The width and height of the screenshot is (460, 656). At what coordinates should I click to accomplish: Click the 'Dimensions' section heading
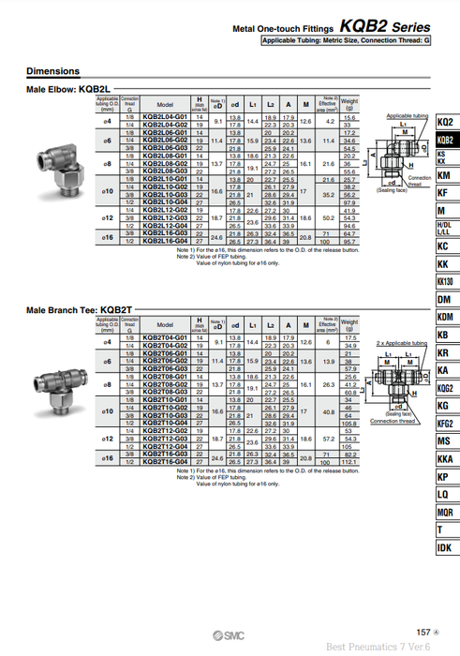[52, 71]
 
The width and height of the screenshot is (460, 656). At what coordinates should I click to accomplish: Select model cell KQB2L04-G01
[165, 117]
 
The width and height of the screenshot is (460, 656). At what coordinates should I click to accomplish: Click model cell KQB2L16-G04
[165, 241]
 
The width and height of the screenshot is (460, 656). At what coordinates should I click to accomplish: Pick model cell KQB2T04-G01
[165, 338]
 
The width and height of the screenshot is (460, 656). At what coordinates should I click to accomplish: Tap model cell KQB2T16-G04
[165, 462]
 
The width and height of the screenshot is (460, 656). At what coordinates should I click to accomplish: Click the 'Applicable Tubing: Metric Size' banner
[346, 41]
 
